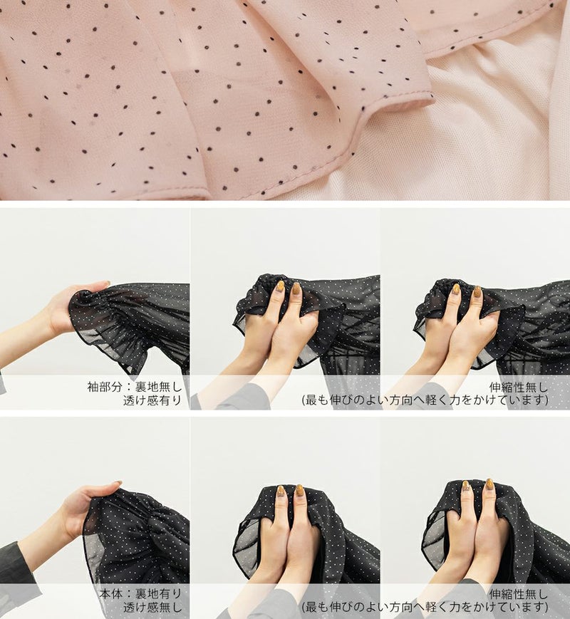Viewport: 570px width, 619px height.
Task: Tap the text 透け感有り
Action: (152, 400)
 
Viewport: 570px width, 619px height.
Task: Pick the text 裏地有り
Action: (158, 594)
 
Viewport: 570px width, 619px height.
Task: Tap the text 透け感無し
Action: (152, 607)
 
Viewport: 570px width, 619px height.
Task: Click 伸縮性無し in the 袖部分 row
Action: (519, 387)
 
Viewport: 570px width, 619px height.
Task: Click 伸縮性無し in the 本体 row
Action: (519, 594)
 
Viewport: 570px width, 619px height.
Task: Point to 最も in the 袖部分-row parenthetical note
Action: (318, 400)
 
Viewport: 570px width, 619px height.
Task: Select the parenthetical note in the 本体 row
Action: (425, 607)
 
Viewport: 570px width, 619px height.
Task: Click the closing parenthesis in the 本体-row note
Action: (546, 607)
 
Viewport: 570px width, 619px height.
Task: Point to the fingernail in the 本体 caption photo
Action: (118, 483)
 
